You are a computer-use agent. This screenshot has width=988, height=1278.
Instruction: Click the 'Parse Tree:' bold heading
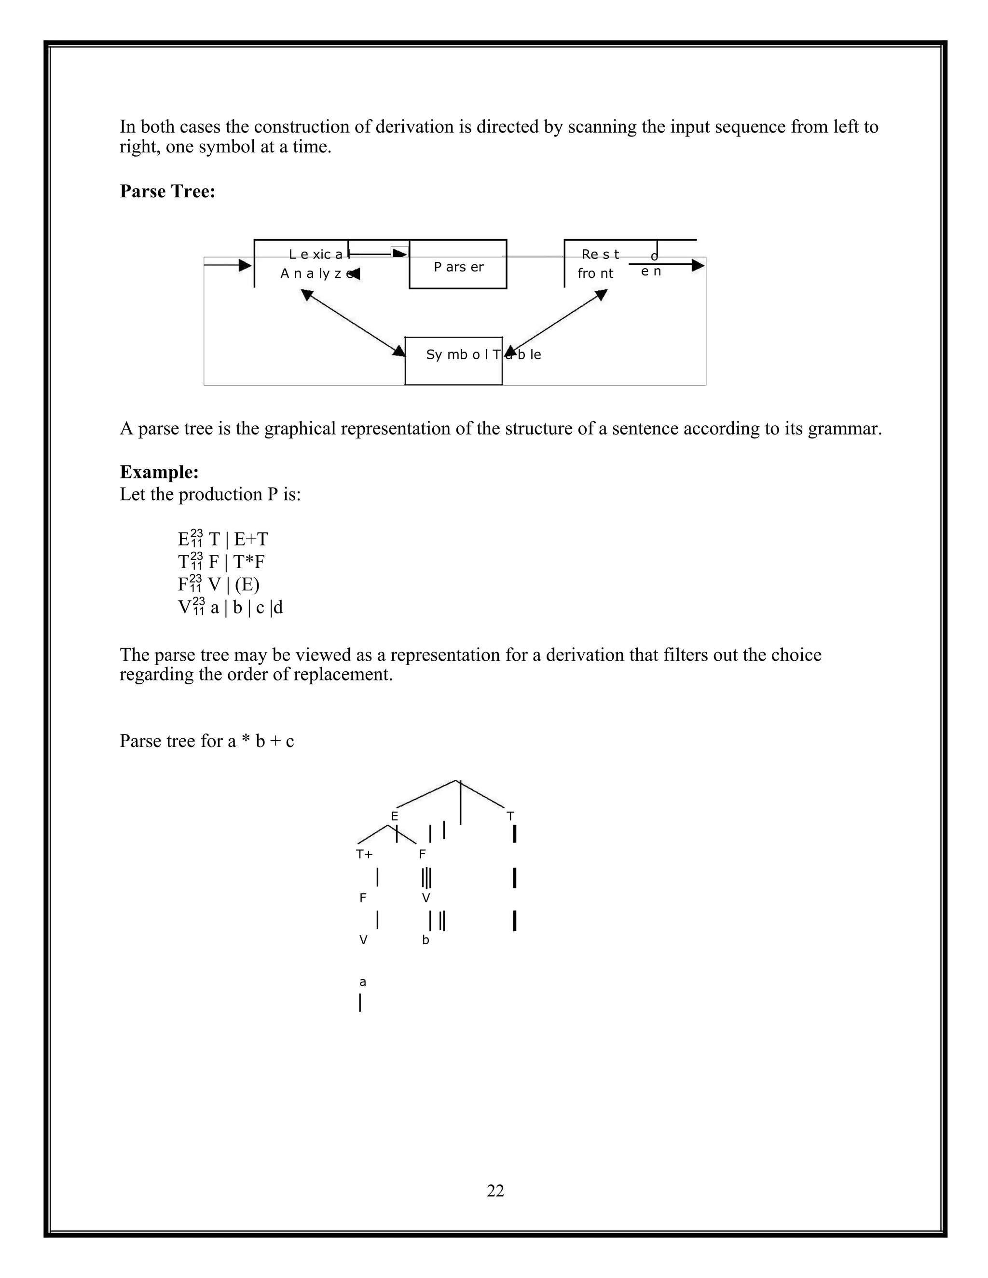(x=167, y=191)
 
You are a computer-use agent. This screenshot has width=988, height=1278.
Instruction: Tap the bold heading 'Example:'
(x=159, y=472)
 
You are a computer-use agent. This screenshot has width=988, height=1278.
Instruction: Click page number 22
(x=495, y=1190)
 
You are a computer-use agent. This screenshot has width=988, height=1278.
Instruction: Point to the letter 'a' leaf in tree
(x=363, y=982)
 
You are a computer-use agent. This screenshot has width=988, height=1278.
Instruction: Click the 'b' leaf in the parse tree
(x=425, y=940)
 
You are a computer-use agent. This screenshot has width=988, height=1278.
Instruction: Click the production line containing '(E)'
(x=219, y=584)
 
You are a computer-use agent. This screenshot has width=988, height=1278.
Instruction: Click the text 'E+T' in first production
(x=251, y=539)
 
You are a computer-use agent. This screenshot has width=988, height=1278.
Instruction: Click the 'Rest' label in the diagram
(x=600, y=255)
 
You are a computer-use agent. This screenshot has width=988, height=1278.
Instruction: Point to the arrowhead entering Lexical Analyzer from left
(x=245, y=265)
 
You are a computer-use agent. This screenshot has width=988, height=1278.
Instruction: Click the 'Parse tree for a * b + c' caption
(x=206, y=741)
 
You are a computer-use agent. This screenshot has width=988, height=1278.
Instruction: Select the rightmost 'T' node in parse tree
(x=510, y=816)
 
